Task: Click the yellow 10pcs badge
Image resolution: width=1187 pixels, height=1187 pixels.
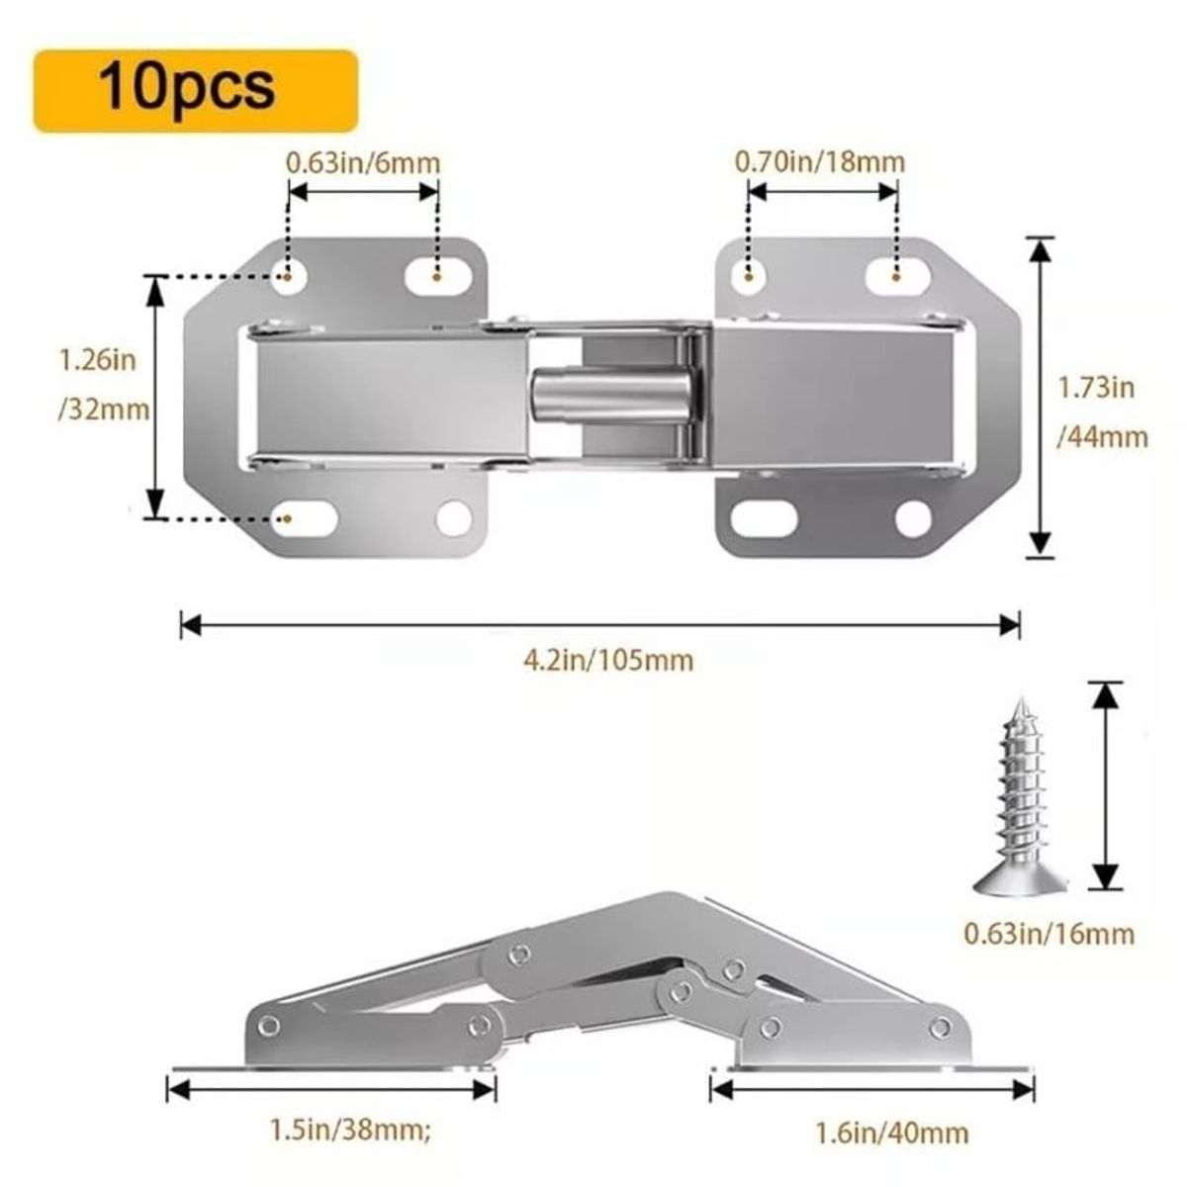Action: [195, 90]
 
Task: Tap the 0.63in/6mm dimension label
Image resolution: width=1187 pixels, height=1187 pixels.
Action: [363, 161]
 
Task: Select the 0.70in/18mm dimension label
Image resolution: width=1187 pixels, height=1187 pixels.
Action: [819, 161]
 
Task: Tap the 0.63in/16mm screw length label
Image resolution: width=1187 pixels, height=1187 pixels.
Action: [1050, 933]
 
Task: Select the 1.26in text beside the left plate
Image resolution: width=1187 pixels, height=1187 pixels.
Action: [97, 359]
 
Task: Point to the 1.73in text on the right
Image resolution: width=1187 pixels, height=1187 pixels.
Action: [1097, 387]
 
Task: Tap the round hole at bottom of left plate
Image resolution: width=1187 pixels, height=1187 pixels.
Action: [453, 517]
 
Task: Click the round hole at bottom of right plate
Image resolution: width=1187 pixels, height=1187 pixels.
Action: [912, 518]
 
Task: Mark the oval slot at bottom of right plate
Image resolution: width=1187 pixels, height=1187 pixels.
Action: [766, 518]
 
